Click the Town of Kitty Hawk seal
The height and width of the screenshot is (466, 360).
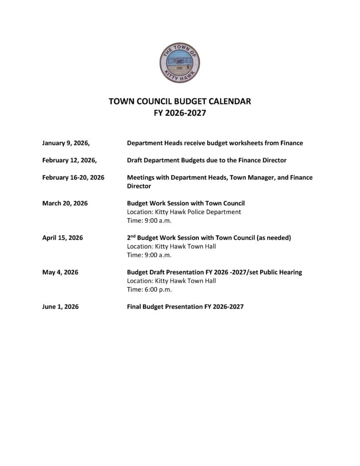tap(180, 62)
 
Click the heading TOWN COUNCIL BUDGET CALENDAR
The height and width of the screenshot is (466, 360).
tap(180, 101)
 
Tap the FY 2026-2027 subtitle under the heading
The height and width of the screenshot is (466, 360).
tap(180, 113)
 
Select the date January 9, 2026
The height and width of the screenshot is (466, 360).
tap(66, 143)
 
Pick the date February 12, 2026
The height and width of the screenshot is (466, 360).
tap(69, 160)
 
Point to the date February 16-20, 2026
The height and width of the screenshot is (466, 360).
tap(73, 177)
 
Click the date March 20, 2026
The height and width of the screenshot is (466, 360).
tap(65, 203)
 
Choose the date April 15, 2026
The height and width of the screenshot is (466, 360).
tap(62, 238)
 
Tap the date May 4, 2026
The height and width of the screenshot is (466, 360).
tap(60, 272)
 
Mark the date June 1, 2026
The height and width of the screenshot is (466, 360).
tap(60, 307)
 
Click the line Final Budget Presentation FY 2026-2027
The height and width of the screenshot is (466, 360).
tap(185, 307)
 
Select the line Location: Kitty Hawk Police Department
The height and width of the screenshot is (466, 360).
tap(184, 212)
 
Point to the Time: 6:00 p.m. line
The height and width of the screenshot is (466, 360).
tap(149, 289)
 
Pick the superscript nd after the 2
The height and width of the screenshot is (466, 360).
tap(133, 236)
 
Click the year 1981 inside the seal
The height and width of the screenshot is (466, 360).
tap(179, 69)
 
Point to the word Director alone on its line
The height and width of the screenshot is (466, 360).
tap(139, 186)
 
